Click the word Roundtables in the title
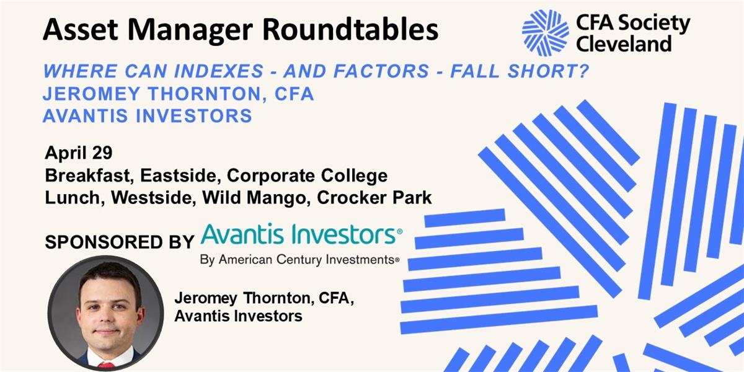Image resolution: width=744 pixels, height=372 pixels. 350,30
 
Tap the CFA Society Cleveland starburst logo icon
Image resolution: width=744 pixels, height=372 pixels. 546,32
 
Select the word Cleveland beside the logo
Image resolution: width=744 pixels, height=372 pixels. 624,44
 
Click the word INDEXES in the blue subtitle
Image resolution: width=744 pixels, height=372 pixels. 219,71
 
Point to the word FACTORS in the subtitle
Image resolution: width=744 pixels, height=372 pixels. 381,71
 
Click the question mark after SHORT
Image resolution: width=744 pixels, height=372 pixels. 582,71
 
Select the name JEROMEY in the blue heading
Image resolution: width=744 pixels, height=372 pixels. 91,94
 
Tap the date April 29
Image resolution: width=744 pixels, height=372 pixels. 79,153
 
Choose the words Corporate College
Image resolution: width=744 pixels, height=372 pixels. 308,175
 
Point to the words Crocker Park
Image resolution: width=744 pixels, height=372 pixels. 374,198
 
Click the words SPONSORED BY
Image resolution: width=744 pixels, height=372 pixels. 120,242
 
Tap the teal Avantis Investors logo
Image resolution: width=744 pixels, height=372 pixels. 301,234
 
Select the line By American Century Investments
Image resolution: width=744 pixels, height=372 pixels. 299,259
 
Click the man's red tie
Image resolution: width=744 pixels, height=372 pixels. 107,366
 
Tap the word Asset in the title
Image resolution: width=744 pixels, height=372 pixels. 81,30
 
